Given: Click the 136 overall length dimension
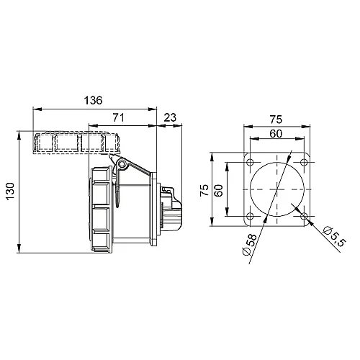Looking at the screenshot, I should [x=94, y=100].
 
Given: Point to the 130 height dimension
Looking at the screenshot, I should [x=10, y=192].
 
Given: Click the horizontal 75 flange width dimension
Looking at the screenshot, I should [x=276, y=121].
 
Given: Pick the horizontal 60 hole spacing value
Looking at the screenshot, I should [x=276, y=133].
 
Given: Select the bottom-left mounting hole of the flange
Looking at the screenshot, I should [x=250, y=215].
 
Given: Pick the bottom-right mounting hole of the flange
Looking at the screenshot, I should [x=304, y=215].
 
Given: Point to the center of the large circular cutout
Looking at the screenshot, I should [x=276, y=189].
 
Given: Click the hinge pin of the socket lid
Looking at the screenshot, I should [x=122, y=165].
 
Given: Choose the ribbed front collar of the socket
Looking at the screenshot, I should [x=100, y=205].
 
